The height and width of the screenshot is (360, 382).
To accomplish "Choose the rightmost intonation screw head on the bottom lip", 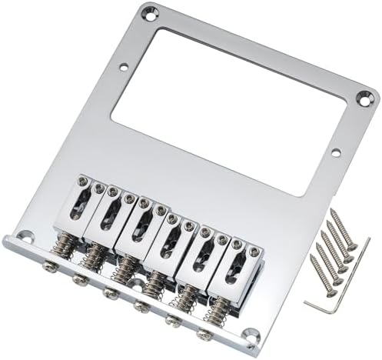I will tap(203, 335).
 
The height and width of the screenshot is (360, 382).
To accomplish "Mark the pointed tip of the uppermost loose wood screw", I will tap(338, 208).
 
